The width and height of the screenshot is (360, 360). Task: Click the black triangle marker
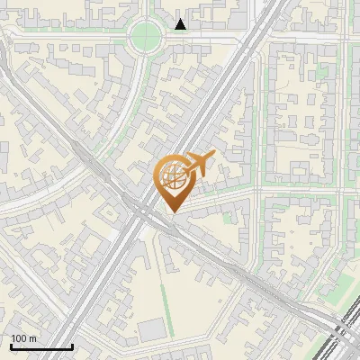click(x=181, y=24)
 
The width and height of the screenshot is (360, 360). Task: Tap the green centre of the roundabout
click(x=145, y=37)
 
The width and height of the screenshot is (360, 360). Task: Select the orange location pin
click(x=173, y=184)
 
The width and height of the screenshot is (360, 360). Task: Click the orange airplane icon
click(x=198, y=168)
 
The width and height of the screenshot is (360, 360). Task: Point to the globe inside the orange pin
click(x=172, y=176)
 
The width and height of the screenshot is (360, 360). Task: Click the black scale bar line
click(x=41, y=347)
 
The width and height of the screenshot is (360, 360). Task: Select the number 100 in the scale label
click(x=19, y=338)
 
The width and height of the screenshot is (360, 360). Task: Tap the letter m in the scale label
click(x=32, y=338)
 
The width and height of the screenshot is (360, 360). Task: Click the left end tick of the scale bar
click(x=11, y=346)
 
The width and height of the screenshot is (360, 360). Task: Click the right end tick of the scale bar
click(x=72, y=346)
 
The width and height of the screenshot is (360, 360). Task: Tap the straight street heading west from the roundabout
click(x=63, y=33)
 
